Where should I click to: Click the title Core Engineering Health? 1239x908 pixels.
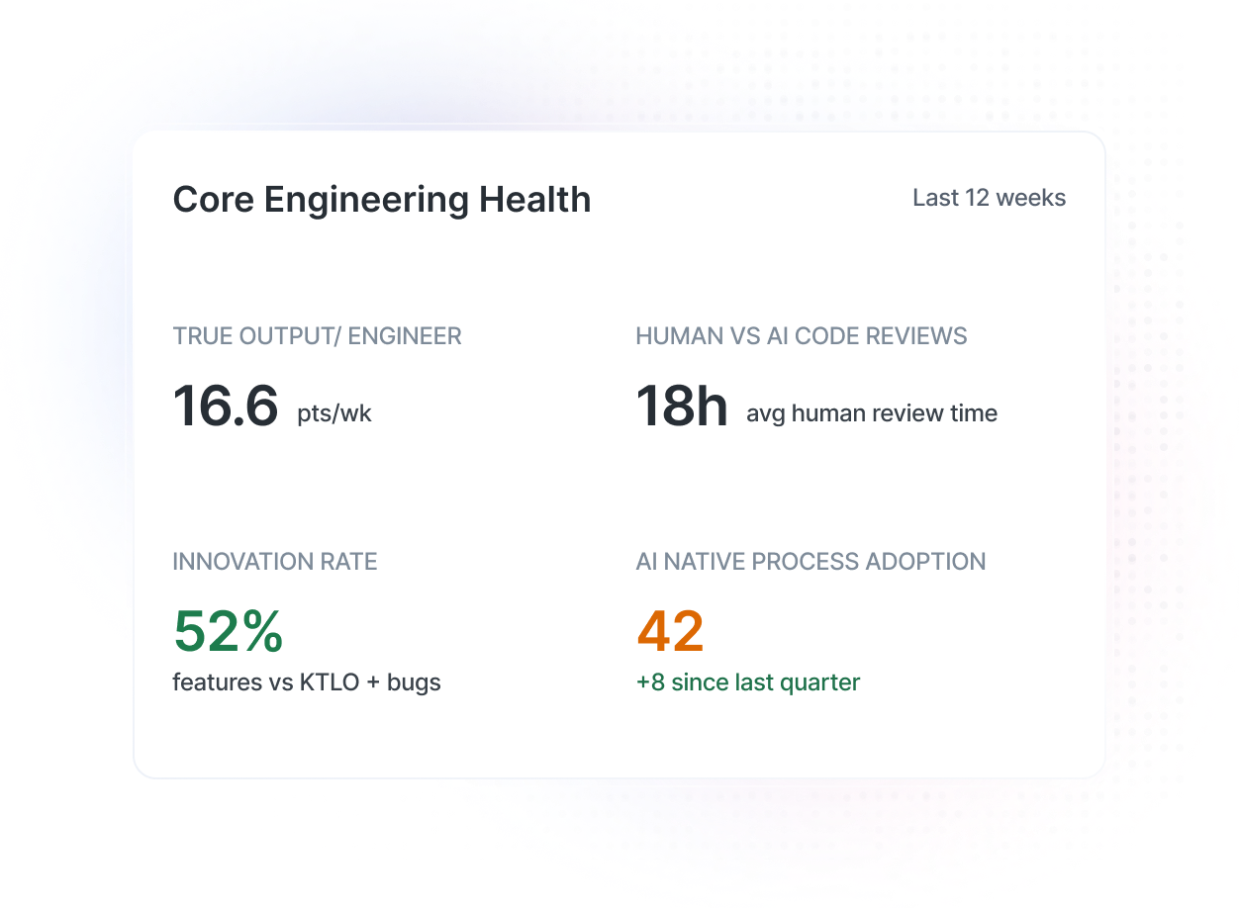click(x=381, y=200)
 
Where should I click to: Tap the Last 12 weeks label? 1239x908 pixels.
click(x=989, y=198)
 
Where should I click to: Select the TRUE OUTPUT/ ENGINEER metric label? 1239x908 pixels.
click(x=317, y=336)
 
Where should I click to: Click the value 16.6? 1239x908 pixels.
click(x=226, y=407)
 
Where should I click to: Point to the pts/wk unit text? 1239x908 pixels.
click(x=334, y=413)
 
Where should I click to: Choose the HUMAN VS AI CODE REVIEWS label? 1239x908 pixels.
click(x=801, y=336)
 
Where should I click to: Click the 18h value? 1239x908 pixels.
click(x=681, y=407)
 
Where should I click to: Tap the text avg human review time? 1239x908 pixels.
click(x=871, y=413)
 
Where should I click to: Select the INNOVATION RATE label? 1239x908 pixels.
click(x=275, y=562)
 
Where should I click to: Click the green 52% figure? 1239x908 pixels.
click(x=228, y=632)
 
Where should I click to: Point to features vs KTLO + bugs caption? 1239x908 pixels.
click(x=307, y=682)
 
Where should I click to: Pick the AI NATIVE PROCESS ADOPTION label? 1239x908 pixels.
click(x=810, y=562)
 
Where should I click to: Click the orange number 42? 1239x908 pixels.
click(x=670, y=632)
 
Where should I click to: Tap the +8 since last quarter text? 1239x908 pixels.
click(x=747, y=682)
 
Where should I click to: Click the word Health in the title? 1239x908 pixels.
click(x=534, y=200)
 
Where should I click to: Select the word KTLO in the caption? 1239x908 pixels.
click(x=329, y=682)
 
